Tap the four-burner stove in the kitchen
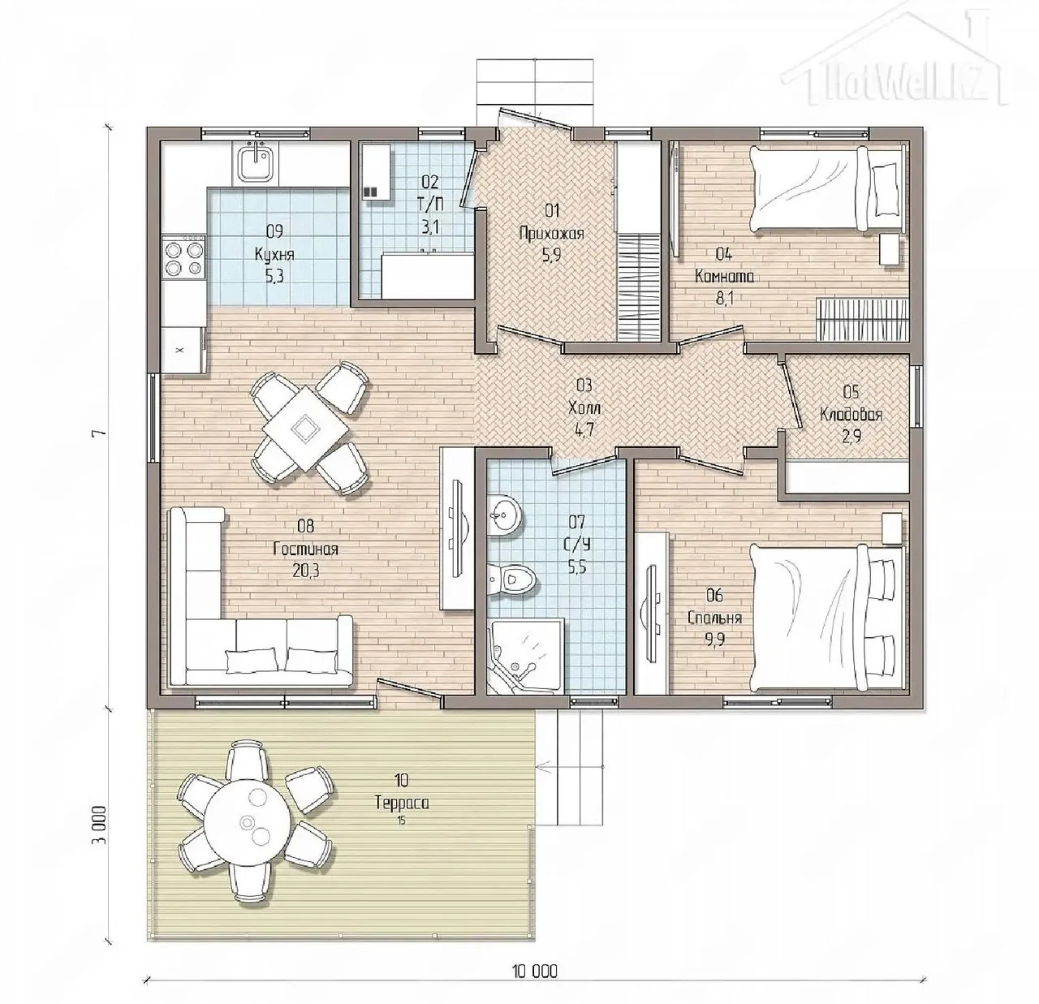184,257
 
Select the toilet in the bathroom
512,579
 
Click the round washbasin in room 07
504,515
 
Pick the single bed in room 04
827,189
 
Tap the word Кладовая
851,415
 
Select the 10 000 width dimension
535,971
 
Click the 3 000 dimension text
102,824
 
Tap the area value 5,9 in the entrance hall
551,256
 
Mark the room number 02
429,182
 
